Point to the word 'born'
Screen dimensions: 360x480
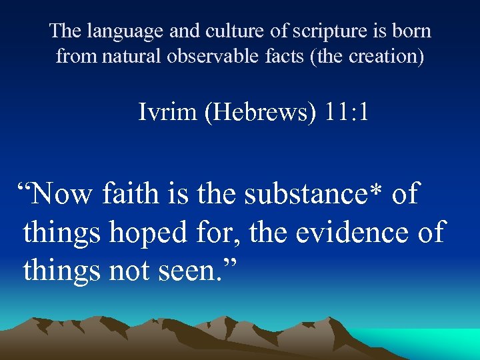point(413,31)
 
